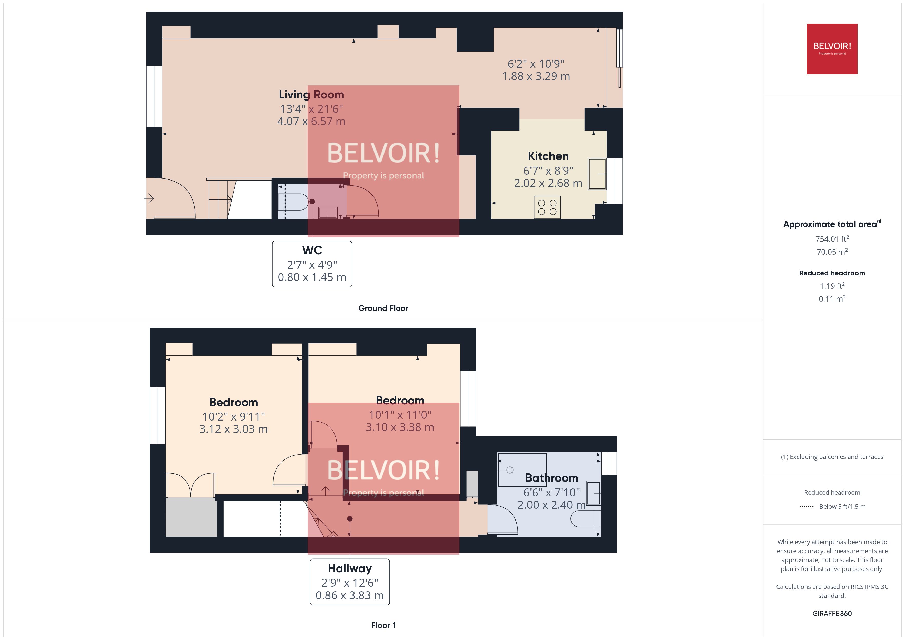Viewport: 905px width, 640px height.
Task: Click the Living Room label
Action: tap(311, 95)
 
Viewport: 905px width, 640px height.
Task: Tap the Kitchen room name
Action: tap(548, 156)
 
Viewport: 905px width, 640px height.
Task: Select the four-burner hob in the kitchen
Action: tap(547, 207)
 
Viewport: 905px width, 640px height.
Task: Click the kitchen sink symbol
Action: tap(597, 174)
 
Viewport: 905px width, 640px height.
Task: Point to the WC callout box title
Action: tap(312, 250)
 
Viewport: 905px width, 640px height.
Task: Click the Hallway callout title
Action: tap(350, 568)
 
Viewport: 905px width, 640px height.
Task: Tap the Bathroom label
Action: tap(552, 478)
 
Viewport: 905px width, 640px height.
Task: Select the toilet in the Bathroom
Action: tap(586, 519)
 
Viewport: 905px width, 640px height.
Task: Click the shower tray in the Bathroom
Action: tap(522, 470)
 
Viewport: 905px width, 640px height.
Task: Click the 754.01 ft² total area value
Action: tap(832, 239)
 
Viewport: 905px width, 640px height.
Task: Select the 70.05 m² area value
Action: tap(832, 252)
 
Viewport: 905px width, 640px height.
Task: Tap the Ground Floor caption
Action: tap(383, 308)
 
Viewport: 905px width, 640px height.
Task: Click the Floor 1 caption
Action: tap(383, 625)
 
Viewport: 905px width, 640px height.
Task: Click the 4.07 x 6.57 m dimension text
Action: tap(311, 121)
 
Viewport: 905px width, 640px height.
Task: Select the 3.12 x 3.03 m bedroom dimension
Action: tap(233, 429)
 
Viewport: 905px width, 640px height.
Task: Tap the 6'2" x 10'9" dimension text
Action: tap(536, 64)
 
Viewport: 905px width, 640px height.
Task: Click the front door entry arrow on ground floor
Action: tap(149, 198)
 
